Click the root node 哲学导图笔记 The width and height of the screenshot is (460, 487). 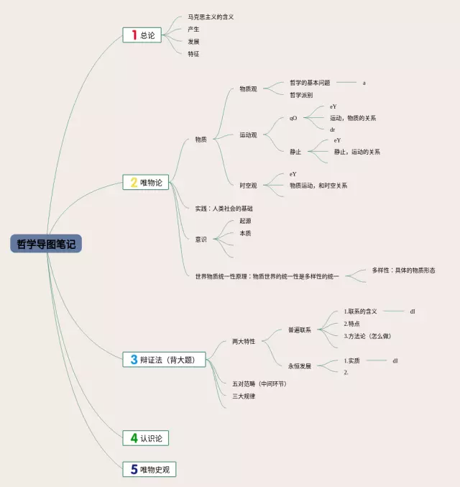[x=46, y=244]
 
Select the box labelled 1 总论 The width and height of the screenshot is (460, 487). [x=143, y=35]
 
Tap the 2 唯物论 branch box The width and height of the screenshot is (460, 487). [x=146, y=183]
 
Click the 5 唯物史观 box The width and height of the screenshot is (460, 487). [x=149, y=470]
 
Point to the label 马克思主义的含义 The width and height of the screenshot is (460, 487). [x=211, y=17]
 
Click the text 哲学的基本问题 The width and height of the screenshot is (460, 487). [x=310, y=83]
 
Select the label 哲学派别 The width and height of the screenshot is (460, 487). [x=301, y=95]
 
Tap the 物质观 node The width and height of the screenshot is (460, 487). [x=249, y=89]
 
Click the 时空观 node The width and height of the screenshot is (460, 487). [x=249, y=186]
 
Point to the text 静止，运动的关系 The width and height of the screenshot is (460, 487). [x=356, y=152]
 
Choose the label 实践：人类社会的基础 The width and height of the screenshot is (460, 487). [x=224, y=209]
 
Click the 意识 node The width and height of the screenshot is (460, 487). [x=201, y=239]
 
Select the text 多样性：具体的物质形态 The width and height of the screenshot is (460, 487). [x=403, y=270]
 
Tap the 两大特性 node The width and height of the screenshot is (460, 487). [x=244, y=342]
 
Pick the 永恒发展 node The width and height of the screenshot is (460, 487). [x=300, y=366]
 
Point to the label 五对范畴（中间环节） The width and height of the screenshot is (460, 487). [x=259, y=384]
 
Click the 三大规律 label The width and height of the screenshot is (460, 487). [x=244, y=396]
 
